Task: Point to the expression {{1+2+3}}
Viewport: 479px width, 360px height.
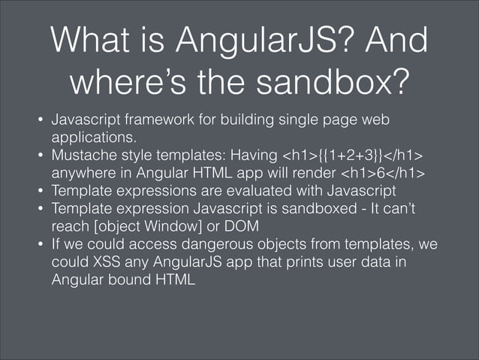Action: pyautogui.click(x=342, y=156)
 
